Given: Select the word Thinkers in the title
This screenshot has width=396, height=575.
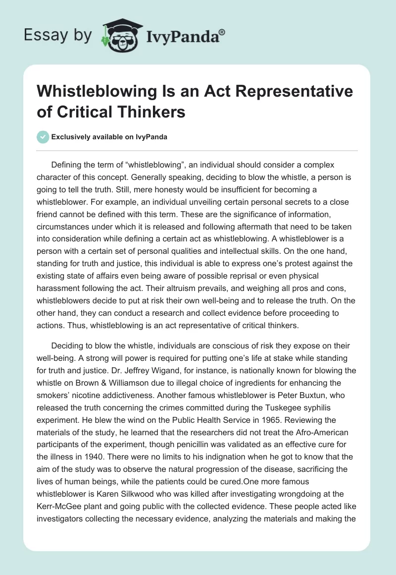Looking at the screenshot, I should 150,112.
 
